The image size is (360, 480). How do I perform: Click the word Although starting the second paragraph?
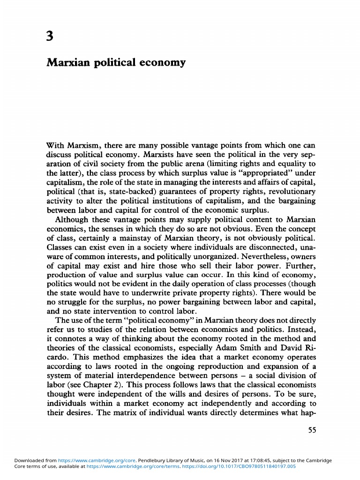coord(71,220)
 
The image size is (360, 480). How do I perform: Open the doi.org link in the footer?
coord(246,467)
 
